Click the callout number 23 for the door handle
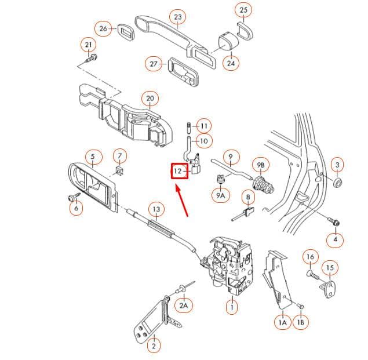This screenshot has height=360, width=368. pyautogui.click(x=178, y=17)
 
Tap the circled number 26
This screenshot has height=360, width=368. pyautogui.click(x=103, y=28)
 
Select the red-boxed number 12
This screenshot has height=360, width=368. pyautogui.click(x=180, y=171)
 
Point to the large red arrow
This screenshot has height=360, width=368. pyautogui.click(x=181, y=201)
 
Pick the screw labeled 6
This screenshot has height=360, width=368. pyautogui.click(x=74, y=197)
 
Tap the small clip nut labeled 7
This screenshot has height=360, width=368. pyautogui.click(x=120, y=170)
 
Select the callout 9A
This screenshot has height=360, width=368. pyautogui.click(x=221, y=195)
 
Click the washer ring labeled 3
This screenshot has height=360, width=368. pyautogui.click(x=338, y=182)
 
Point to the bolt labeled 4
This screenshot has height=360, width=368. pyautogui.click(x=333, y=221)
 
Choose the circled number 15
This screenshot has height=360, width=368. pyautogui.click(x=330, y=267)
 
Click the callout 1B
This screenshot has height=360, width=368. pyautogui.click(x=301, y=322)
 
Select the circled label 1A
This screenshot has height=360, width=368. pyautogui.click(x=283, y=322)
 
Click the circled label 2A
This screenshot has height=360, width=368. pyautogui.click(x=184, y=306)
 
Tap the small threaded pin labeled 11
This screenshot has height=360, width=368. pyautogui.click(x=189, y=127)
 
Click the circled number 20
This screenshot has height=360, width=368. pyautogui.click(x=150, y=99)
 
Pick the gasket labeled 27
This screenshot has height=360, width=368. pyautogui.click(x=184, y=71)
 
